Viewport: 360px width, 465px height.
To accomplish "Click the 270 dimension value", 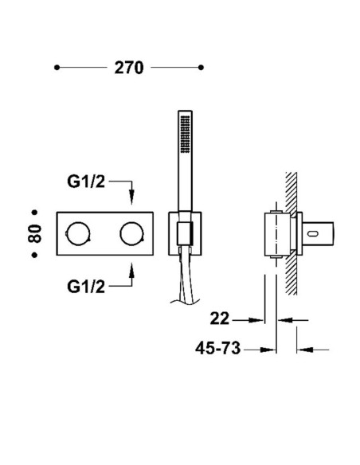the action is tap(129, 68).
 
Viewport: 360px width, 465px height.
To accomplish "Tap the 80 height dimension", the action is tap(35, 233).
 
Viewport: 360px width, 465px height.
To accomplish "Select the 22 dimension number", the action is tap(220, 318).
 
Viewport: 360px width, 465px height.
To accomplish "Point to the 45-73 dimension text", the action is tap(217, 348).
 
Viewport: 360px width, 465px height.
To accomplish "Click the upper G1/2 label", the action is tap(86, 182).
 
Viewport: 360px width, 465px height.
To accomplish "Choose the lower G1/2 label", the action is tap(86, 287).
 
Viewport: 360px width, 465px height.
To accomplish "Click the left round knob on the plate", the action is tap(78, 233).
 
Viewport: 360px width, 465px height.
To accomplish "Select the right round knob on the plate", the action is tap(132, 233).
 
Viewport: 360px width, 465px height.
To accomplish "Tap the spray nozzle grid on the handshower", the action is tap(185, 135).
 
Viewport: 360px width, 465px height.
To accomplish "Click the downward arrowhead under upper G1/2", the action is tap(132, 197).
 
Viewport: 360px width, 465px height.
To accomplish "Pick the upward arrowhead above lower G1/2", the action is tap(132, 271).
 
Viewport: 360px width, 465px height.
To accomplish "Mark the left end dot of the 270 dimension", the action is tap(57, 68).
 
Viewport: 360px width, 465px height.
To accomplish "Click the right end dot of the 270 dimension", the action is tap(201, 68).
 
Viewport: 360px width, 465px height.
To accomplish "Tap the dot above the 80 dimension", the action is tap(35, 213).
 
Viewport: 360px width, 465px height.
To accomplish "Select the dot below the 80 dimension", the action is tap(35, 255).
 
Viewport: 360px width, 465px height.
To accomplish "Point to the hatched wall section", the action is tap(292, 233).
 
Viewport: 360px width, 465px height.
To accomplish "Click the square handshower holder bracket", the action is tap(185, 233).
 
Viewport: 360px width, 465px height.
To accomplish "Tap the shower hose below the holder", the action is tap(185, 279).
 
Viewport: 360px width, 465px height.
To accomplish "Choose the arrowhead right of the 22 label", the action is tap(256, 320).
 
